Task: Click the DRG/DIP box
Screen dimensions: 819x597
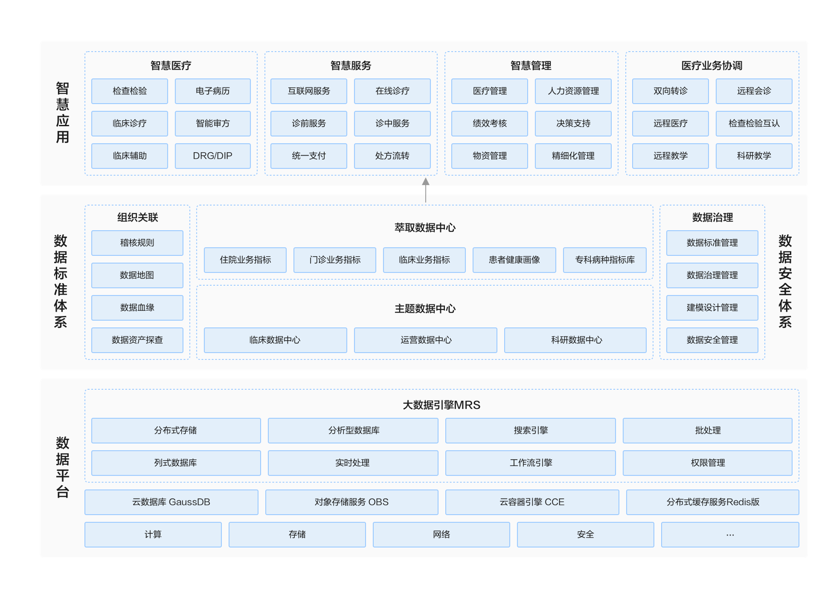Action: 212,156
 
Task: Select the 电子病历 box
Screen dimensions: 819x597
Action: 212,91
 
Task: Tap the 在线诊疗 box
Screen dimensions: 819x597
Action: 392,91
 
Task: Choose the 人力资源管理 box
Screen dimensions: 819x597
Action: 573,91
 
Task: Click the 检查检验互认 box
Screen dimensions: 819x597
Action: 754,124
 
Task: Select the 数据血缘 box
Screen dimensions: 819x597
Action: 137,308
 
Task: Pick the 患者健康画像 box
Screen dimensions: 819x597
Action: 514,260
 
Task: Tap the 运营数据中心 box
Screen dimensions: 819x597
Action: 426,340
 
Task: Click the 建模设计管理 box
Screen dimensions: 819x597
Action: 712,308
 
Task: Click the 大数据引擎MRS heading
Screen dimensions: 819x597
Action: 441,405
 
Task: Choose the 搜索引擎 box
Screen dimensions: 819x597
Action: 531,431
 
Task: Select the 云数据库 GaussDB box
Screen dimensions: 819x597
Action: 171,502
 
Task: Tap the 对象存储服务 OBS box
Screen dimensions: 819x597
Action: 352,502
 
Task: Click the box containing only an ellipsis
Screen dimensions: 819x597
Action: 730,535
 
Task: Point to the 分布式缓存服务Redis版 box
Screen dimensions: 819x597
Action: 713,502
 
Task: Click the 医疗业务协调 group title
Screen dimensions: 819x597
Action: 712,65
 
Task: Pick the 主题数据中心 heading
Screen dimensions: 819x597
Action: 425,309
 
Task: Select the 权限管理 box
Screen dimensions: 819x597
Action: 708,463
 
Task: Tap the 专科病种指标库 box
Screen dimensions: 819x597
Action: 605,260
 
